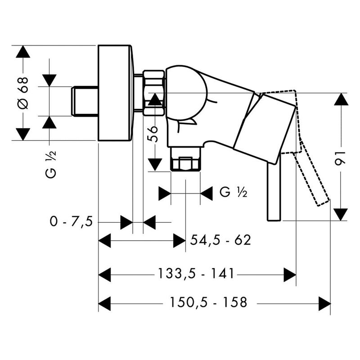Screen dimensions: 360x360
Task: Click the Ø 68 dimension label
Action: point(23,92)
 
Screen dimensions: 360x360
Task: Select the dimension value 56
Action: point(154,134)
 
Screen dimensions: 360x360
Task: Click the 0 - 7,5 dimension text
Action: point(72,222)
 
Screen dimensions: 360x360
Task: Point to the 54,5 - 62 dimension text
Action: point(220,240)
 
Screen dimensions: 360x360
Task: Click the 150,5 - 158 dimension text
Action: point(209,303)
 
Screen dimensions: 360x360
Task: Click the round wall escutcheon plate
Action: point(115,93)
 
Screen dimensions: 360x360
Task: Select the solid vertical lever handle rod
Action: point(274,189)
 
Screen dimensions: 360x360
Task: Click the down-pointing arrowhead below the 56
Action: point(155,164)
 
